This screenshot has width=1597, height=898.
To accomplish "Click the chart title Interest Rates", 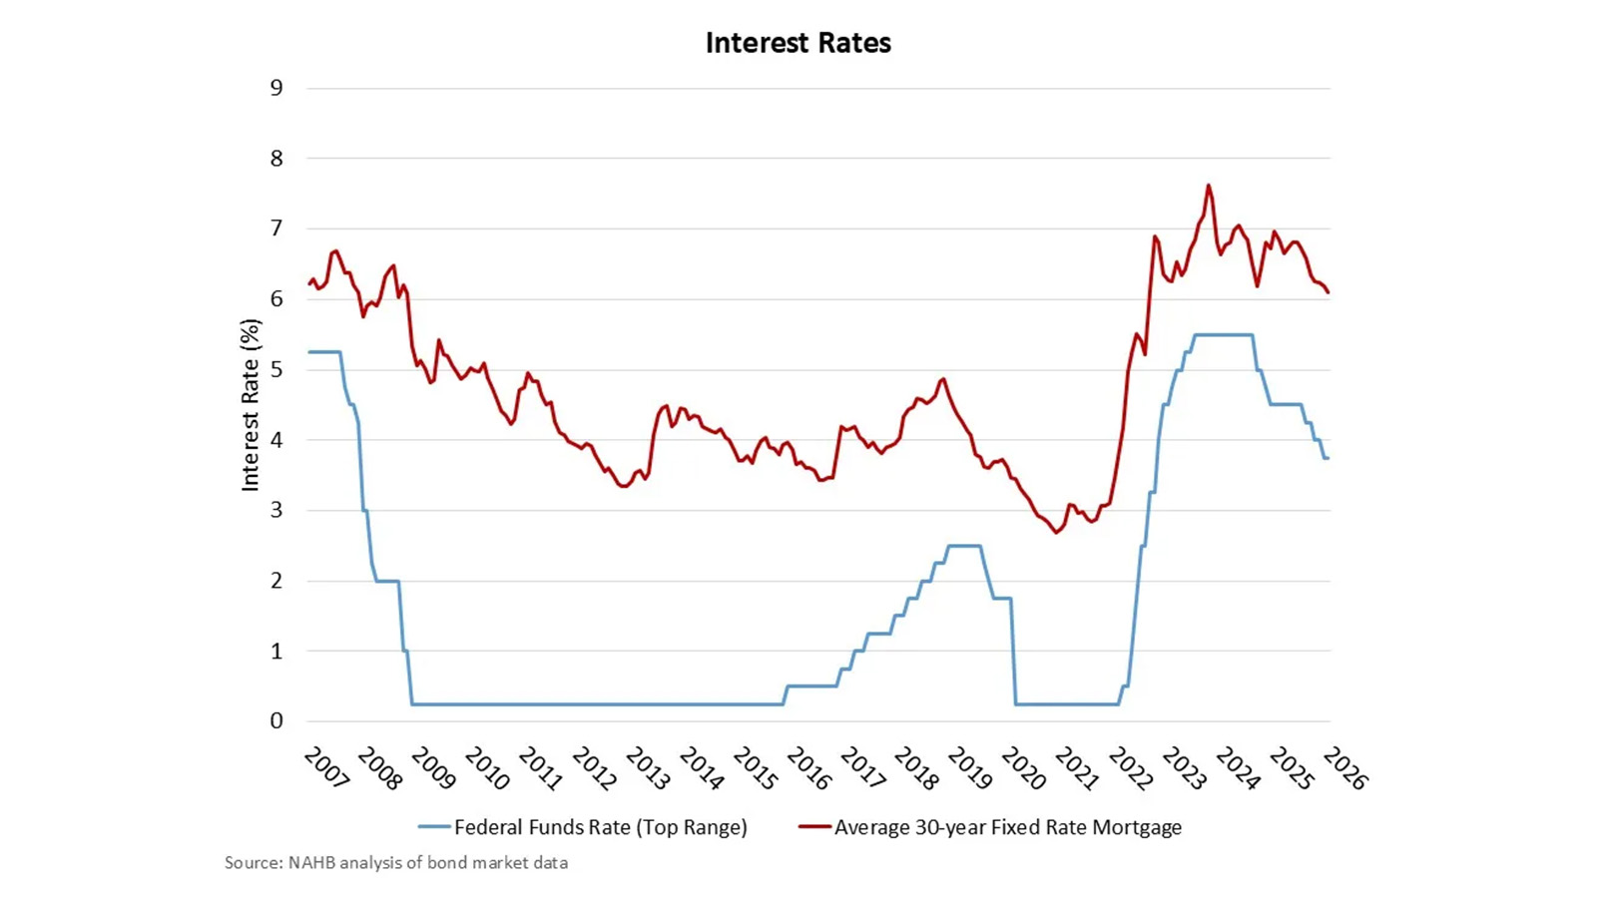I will (798, 43).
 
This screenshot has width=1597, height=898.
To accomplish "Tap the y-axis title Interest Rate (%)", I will (250, 404).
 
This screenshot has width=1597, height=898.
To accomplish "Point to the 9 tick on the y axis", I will (276, 88).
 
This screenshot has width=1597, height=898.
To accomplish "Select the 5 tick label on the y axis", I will (276, 369).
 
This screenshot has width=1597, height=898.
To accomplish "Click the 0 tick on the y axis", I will (276, 720).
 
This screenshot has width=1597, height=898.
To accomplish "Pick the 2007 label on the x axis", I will (326, 768).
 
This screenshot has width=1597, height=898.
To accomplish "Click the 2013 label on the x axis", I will (648, 768).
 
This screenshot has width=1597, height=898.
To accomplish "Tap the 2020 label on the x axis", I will (1023, 768).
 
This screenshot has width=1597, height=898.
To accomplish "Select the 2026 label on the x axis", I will (1344, 768).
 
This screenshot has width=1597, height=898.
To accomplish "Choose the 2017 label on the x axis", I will (862, 768).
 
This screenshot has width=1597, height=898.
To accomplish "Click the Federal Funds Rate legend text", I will (600, 827).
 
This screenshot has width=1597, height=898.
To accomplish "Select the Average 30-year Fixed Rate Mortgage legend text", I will (1008, 827).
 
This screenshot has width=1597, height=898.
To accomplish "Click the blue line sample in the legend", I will (434, 827).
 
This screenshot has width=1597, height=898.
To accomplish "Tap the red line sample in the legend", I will (814, 827).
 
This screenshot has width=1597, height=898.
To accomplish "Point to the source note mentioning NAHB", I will (396, 862).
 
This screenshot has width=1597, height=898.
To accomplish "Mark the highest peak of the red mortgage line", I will (1209, 185).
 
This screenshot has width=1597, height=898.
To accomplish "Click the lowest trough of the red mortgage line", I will (1055, 533).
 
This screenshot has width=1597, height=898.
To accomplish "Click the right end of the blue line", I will (1328, 458).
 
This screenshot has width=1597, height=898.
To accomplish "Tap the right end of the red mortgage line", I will (1329, 292).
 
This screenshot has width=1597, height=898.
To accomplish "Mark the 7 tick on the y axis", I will (276, 228).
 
